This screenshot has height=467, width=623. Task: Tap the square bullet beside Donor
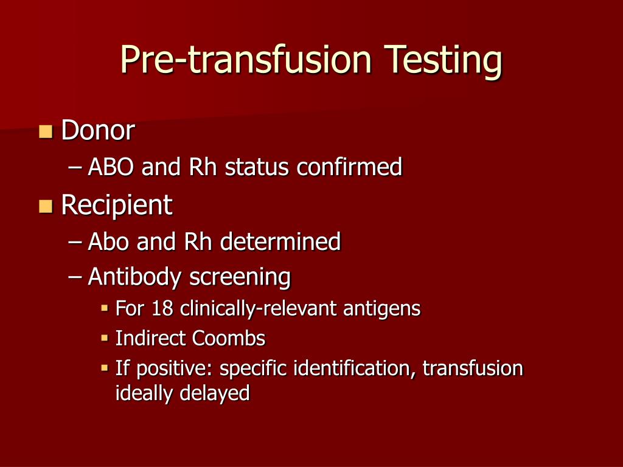pyautogui.click(x=46, y=131)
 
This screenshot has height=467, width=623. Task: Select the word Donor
pyautogui.click(x=97, y=131)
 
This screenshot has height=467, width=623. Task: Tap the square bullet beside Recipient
pyautogui.click(x=46, y=206)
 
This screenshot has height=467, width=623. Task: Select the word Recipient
pyautogui.click(x=117, y=206)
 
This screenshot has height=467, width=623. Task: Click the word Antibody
pyautogui.click(x=135, y=277)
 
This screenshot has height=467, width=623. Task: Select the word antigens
pyautogui.click(x=381, y=309)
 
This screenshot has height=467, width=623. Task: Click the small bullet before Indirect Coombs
pyautogui.click(x=104, y=337)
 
